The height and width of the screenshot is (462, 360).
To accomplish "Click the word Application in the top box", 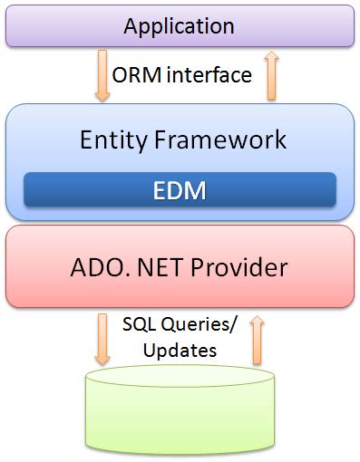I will [x=180, y=25].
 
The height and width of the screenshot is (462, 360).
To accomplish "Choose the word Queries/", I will [x=193, y=323].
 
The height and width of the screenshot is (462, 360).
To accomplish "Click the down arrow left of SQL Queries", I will [x=101, y=338].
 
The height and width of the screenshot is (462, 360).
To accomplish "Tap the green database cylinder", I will [x=180, y=412].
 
